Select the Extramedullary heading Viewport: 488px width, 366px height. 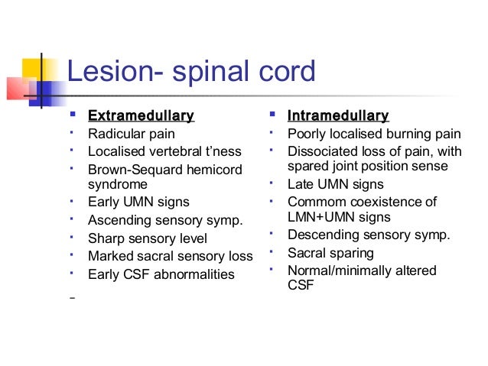tap(141, 116)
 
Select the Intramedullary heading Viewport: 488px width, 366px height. tap(338, 116)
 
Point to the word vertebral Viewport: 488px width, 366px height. tap(177, 151)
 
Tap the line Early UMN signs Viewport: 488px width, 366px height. tap(138, 202)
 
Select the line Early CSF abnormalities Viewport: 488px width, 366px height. tap(161, 274)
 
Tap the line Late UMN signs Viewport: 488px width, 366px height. tap(336, 184)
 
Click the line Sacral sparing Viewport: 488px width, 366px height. tap(330, 253)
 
